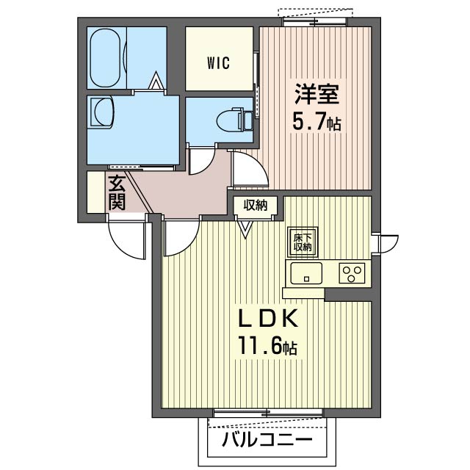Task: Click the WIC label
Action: coord(219,63)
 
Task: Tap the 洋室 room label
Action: coord(317,94)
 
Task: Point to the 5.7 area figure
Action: coord(308,122)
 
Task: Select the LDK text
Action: coord(268,318)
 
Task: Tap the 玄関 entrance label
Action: coord(117,192)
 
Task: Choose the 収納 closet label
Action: coord(255,206)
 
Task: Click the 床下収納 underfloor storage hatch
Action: coord(303,242)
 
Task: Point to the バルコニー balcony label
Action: coord(267,440)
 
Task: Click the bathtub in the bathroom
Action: coord(106,58)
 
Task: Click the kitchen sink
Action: coord(306,273)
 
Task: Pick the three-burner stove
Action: coord(352,272)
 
